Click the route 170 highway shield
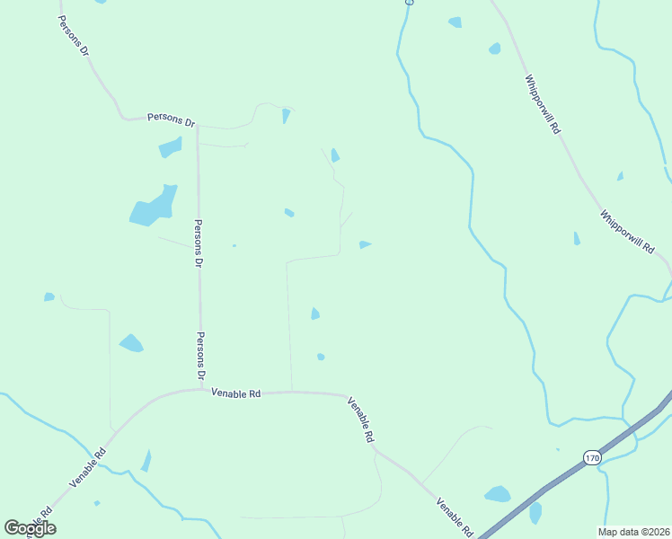pyautogui.click(x=590, y=457)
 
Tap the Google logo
pyautogui.click(x=30, y=528)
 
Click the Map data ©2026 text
pyautogui.click(x=634, y=532)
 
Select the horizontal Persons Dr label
pyautogui.click(x=171, y=119)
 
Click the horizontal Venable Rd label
pyautogui.click(x=235, y=393)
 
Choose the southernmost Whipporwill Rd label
pyautogui.click(x=626, y=230)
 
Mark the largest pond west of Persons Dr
pyautogui.click(x=154, y=207)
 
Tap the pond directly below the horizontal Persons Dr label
pyautogui.click(x=170, y=146)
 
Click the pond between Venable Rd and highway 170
pyautogui.click(x=497, y=493)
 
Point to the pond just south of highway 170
pyautogui.click(x=535, y=512)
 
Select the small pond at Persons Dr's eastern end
pyautogui.click(x=286, y=115)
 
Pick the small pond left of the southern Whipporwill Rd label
pyautogui.click(x=576, y=238)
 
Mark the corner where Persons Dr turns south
pyautogui.click(x=197, y=125)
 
